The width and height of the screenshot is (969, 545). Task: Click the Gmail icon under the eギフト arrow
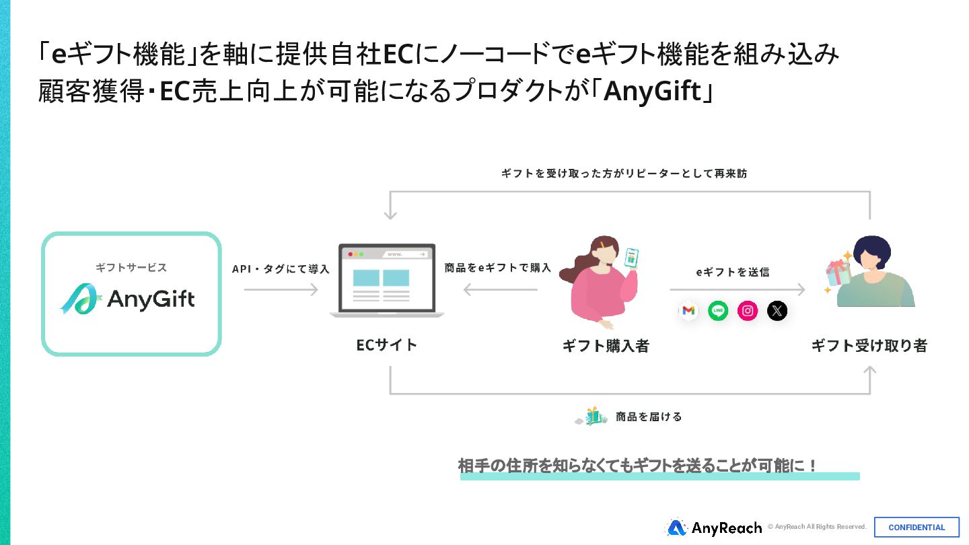click(688, 311)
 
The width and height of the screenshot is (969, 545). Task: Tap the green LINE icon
click(718, 311)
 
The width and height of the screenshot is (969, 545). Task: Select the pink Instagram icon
click(748, 311)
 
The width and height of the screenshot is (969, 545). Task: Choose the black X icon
click(777, 311)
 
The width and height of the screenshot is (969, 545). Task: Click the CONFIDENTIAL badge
click(917, 528)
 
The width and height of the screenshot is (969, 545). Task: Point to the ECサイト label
click(387, 345)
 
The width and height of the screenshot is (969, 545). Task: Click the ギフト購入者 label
click(606, 346)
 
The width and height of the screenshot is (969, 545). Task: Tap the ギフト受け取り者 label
click(869, 346)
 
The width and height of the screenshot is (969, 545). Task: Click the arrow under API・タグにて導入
click(281, 290)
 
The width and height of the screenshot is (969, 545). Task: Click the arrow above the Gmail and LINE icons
click(737, 290)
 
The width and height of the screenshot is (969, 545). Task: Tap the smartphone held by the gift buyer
click(631, 257)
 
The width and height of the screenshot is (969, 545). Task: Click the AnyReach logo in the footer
click(714, 528)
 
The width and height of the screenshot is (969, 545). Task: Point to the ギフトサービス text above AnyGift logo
click(131, 267)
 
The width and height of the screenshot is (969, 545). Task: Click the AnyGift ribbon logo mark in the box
click(80, 299)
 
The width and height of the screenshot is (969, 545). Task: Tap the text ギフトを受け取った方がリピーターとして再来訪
click(624, 174)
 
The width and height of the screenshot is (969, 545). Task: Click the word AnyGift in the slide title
click(651, 92)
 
